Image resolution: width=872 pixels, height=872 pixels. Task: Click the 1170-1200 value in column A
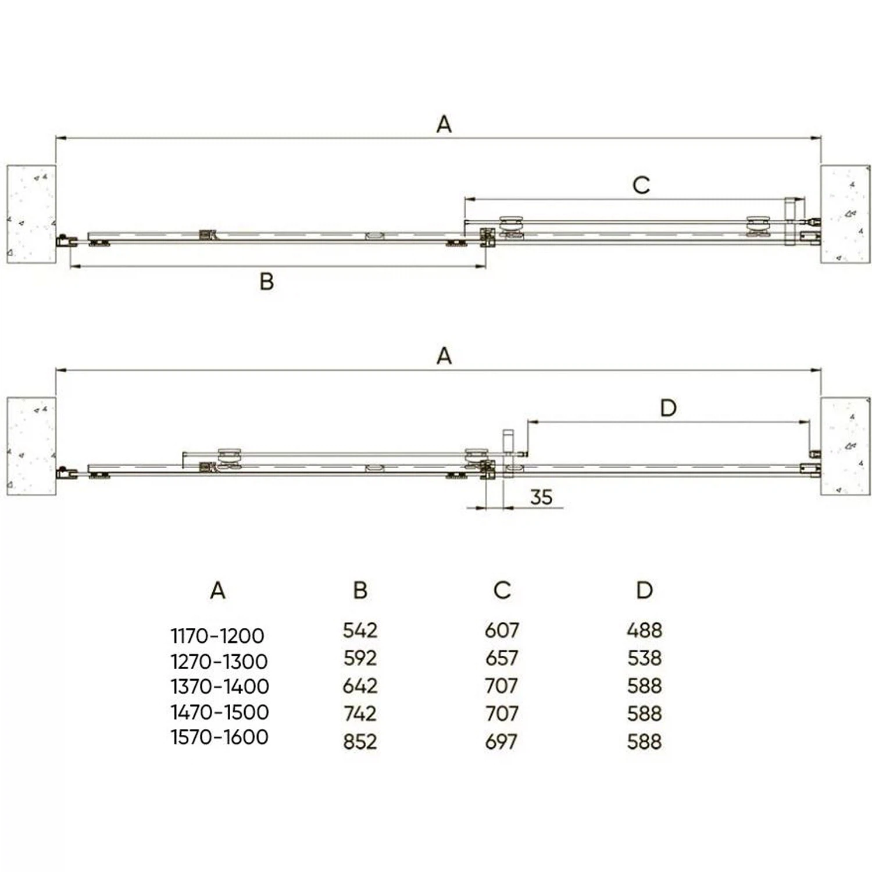(x=217, y=635)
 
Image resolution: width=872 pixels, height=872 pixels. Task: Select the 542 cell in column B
(x=360, y=630)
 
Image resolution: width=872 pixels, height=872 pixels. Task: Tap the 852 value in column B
(x=360, y=741)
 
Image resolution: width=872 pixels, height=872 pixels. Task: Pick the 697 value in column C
(x=501, y=741)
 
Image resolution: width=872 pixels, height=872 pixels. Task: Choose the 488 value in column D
(x=644, y=630)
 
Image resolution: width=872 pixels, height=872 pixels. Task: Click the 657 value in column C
(x=501, y=658)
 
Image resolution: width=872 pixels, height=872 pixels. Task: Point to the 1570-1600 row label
(x=220, y=737)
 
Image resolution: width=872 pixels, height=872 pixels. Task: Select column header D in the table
(x=644, y=590)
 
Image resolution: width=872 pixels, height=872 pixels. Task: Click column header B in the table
(x=360, y=590)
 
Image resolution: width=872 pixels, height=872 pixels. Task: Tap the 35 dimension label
(x=541, y=497)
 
